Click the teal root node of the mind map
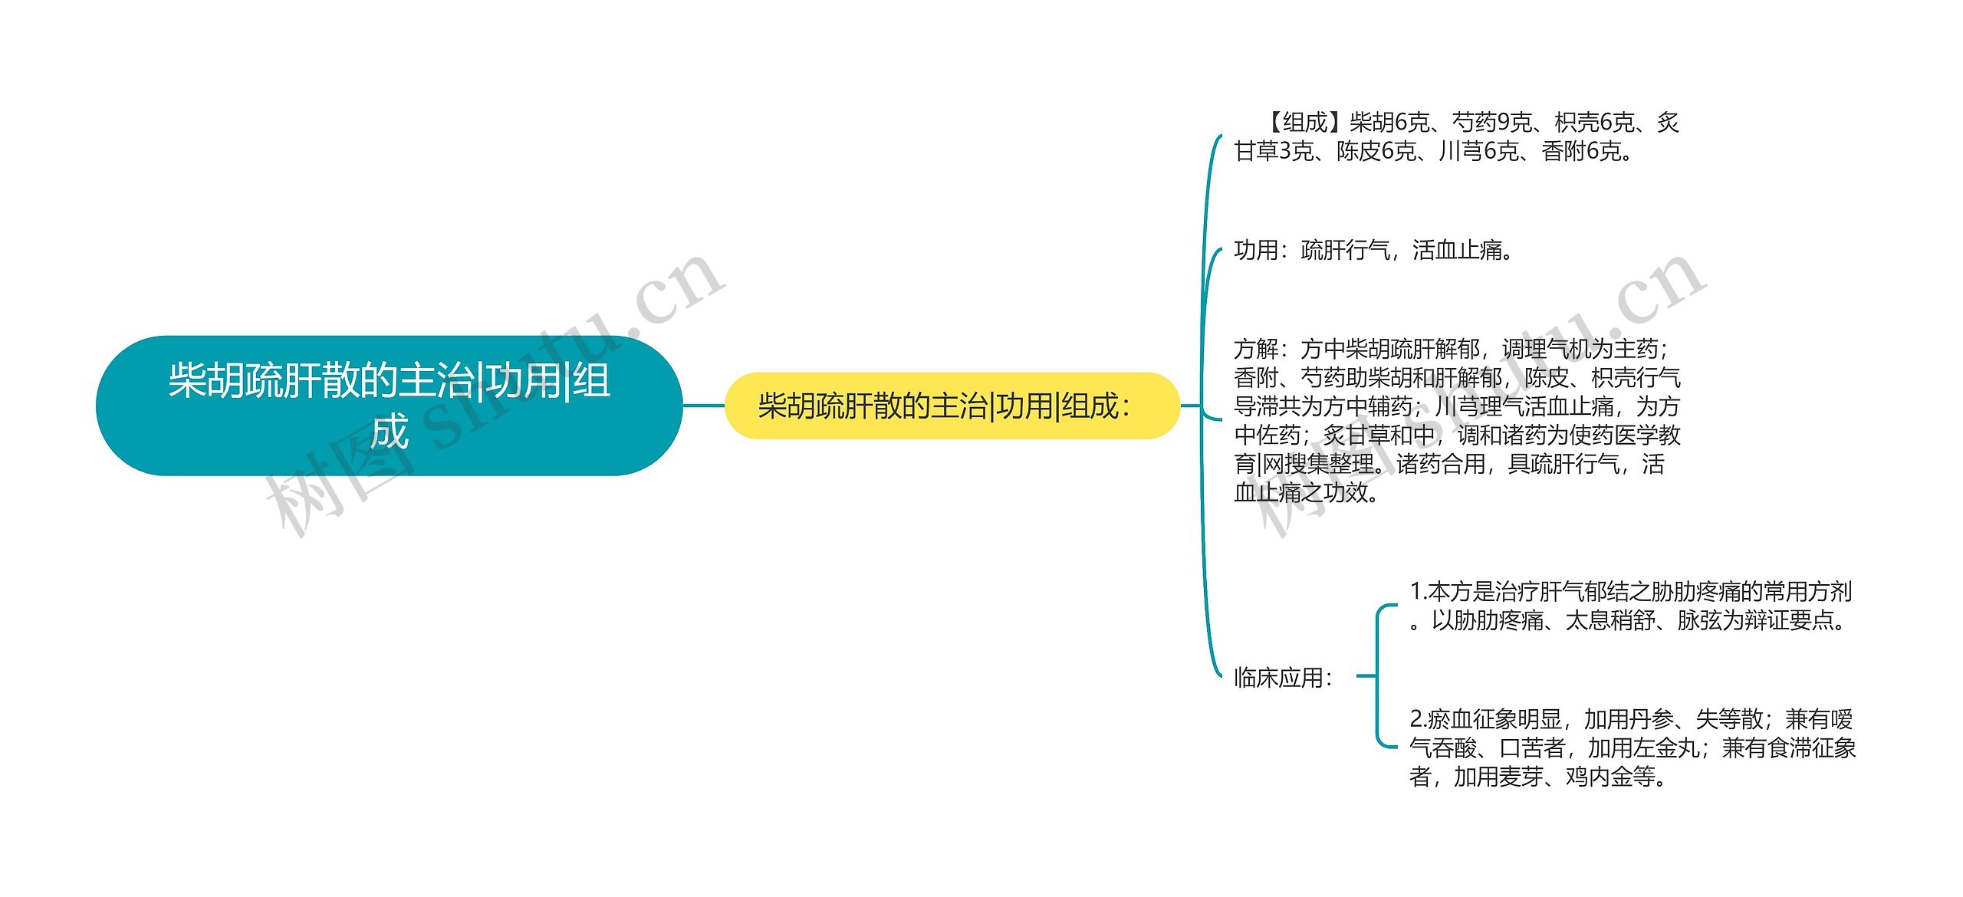coord(389,405)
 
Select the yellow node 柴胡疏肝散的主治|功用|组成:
coord(951,406)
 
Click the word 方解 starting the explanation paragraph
coord(1255,350)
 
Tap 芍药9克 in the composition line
coord(1491,122)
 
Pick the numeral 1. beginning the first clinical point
coord(1418,591)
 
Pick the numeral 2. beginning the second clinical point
coord(1418,719)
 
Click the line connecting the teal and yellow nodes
coord(703,406)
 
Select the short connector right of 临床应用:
coord(1366,675)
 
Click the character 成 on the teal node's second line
coord(390,432)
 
